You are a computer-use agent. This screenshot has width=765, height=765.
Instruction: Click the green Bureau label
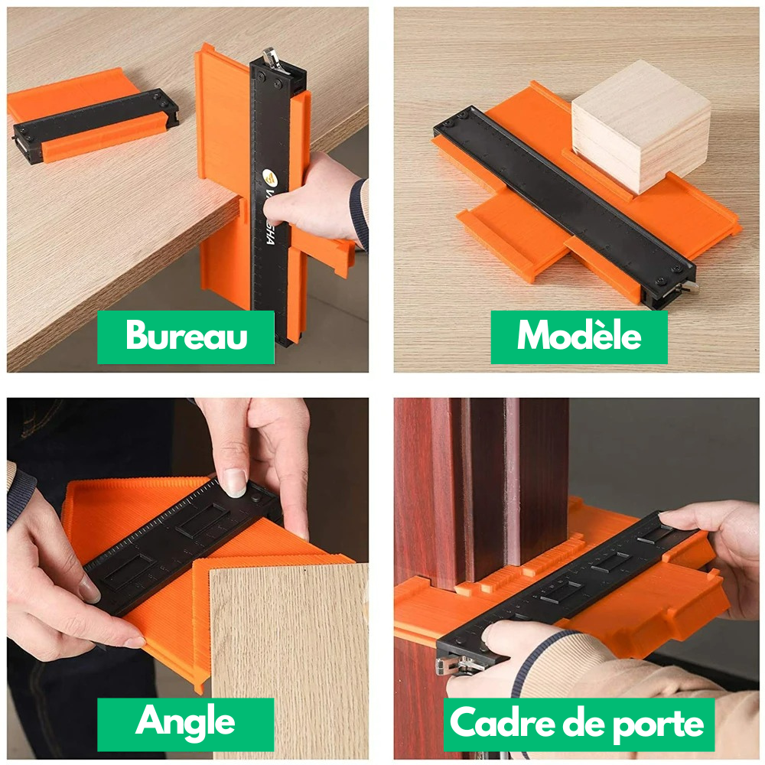click(186, 337)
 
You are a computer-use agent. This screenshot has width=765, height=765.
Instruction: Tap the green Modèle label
click(579, 337)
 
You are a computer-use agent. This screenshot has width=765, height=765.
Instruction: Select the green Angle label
click(185, 723)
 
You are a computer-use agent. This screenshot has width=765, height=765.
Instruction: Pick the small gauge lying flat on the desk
click(92, 122)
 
